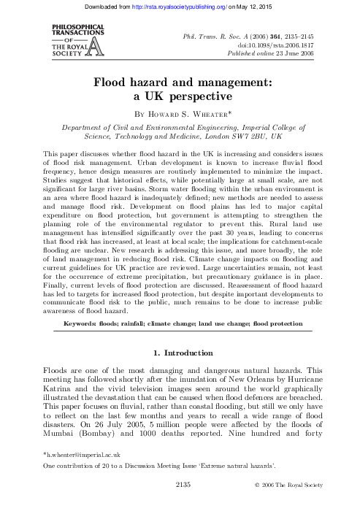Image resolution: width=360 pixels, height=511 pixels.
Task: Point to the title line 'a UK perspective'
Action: coord(180,95)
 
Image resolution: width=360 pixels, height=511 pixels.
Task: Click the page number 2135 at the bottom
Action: coord(180,503)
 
